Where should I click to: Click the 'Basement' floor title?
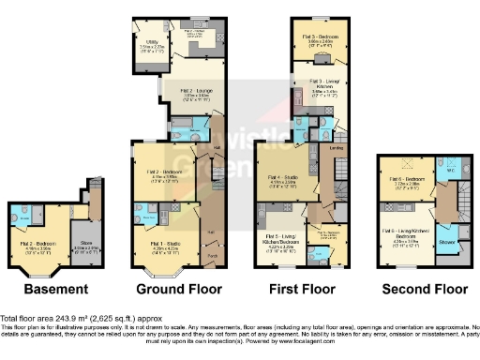(43, 290)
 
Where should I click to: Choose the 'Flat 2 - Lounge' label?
(196, 91)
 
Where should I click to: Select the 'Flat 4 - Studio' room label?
(283, 177)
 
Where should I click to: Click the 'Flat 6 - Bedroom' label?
(406, 179)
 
